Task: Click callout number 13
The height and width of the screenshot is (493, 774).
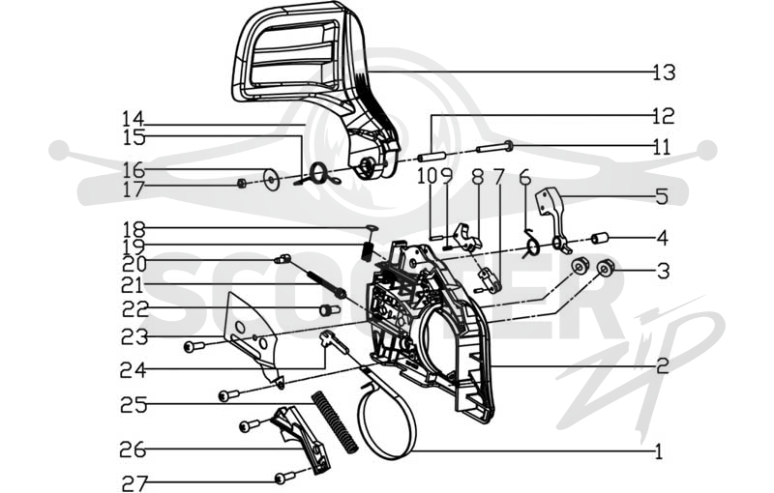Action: point(664,72)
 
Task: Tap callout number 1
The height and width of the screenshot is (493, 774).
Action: point(659,451)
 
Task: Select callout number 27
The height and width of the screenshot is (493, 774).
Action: point(134,483)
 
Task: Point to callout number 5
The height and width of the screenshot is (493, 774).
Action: point(663,196)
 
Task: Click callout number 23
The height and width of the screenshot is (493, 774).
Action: point(134,337)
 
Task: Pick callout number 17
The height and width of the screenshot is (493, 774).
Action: point(134,189)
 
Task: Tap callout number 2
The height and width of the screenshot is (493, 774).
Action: point(663,365)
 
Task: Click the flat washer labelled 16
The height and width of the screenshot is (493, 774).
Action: point(270,180)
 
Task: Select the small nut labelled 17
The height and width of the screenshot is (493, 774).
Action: point(242,185)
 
